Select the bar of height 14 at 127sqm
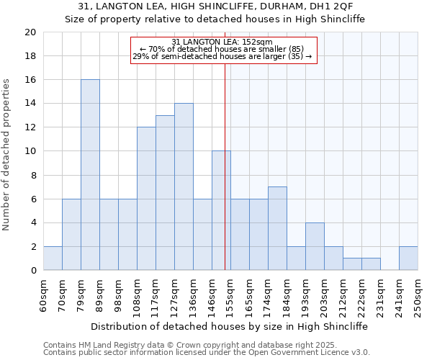(x=184, y=186)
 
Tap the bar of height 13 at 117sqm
(x=165, y=193)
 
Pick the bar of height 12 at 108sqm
(x=146, y=199)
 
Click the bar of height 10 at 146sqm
(x=221, y=211)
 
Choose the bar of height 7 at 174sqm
(x=277, y=228)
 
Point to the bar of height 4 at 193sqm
(x=315, y=246)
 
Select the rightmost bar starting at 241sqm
(x=408, y=258)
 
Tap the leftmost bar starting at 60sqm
(x=53, y=258)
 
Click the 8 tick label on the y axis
(x=33, y=175)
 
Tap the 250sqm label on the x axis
(x=418, y=294)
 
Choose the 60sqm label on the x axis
(x=43, y=294)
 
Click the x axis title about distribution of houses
(x=230, y=326)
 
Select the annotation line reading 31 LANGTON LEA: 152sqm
(x=222, y=42)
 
